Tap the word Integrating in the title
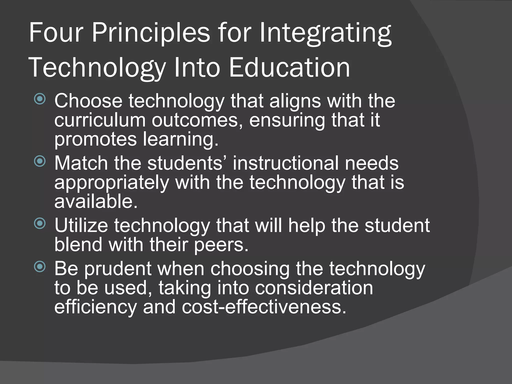(325, 33)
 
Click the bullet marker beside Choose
(40, 99)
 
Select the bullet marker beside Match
(40, 161)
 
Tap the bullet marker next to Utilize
(40, 223)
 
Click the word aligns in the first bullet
(295, 101)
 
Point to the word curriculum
(100, 120)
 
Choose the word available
(96, 201)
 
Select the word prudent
(118, 269)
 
